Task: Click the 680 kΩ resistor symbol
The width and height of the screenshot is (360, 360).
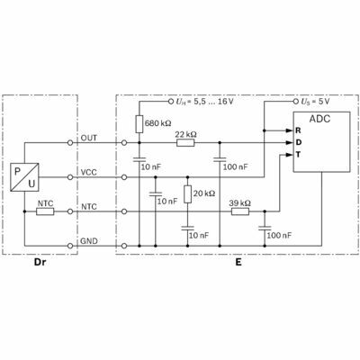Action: point(139,124)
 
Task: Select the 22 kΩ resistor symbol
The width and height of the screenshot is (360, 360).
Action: point(185,143)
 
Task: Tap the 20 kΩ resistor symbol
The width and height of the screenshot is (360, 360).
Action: point(188,194)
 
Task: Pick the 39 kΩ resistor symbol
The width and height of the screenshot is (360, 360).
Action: point(240,211)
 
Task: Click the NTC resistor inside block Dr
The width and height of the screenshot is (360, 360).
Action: point(45,211)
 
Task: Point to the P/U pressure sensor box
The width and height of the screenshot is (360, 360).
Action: point(24,177)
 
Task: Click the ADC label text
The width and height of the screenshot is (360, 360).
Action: point(319,119)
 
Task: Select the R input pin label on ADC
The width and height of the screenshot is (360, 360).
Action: point(298,130)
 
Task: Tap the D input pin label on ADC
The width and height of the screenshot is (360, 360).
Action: point(298,142)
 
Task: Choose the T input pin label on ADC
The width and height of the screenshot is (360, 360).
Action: point(298,155)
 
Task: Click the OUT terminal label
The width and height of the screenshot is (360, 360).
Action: point(89,138)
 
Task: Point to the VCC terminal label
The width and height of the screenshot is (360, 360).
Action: point(89,172)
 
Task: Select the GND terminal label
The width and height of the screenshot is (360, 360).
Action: point(89,241)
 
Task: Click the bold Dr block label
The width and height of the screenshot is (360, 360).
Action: point(40,262)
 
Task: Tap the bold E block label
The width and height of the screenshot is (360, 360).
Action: point(238,262)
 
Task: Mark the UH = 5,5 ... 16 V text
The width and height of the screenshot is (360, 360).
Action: point(204,102)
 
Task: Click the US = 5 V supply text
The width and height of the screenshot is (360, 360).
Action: point(315,102)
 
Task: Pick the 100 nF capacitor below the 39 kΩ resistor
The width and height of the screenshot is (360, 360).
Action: point(265,229)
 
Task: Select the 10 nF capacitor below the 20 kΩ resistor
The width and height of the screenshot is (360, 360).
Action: point(188,229)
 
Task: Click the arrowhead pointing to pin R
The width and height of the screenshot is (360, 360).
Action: point(289,130)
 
